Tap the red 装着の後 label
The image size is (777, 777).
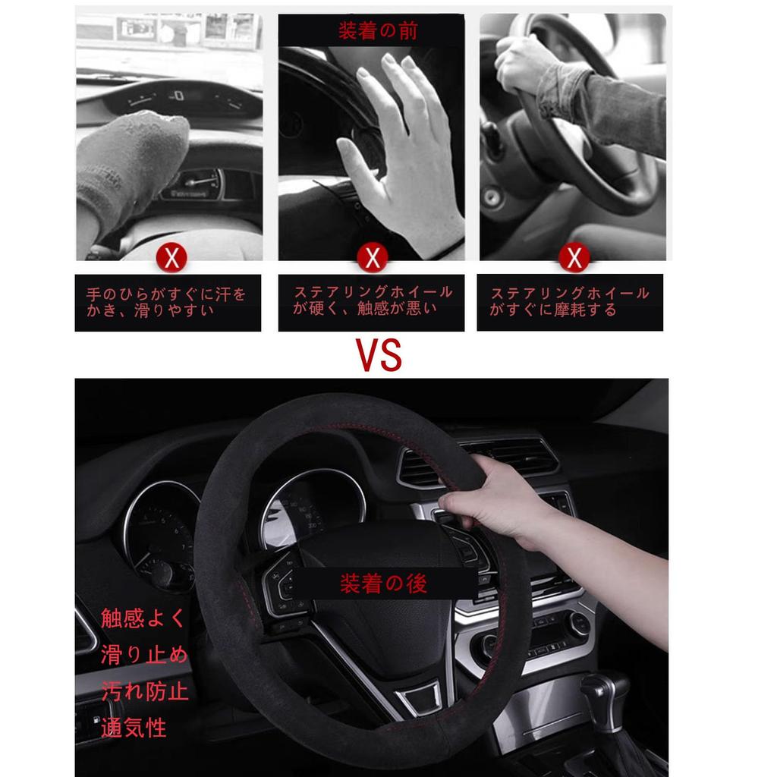coord(383,583)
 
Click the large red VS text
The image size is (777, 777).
coord(379,354)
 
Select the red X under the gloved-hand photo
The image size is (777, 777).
coord(171,258)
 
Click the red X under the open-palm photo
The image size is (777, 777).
coord(372,258)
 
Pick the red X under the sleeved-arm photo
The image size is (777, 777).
coord(574,258)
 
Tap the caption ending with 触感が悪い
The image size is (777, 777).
coord(372,300)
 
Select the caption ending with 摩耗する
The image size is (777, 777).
coord(569,301)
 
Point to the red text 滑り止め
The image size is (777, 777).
coord(143,655)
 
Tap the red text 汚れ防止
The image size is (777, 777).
coord(144,691)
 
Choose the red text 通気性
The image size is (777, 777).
coord(134,728)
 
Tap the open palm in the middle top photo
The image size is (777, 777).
coord(402,152)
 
